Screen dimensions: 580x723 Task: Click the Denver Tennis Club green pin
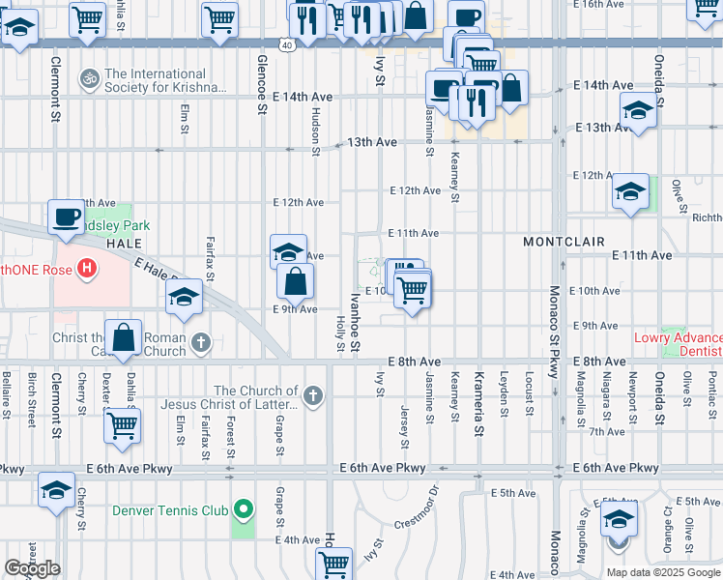243,509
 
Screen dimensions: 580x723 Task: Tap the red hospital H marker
87,269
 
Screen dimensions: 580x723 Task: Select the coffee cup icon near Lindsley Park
67,217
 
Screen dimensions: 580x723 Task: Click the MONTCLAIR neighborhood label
564,241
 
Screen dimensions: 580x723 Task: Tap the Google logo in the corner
33,568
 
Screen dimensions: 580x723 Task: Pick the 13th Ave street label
372,142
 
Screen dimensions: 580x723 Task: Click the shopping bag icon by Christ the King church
125,338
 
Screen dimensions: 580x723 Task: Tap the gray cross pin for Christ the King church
200,341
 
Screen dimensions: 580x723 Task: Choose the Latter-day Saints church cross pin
311,394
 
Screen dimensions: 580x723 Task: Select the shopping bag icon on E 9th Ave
296,282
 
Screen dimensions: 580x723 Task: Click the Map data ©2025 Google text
662,572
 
